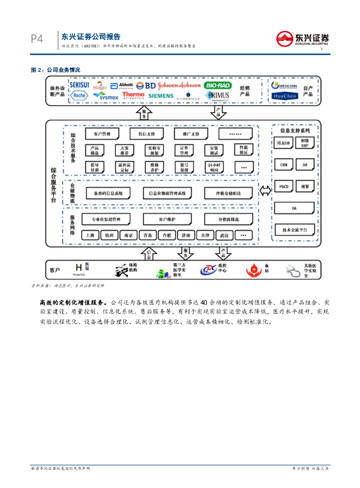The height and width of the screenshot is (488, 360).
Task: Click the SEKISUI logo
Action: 79,85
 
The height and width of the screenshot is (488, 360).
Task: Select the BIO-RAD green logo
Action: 218,85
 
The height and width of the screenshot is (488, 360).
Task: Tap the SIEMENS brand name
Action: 161,96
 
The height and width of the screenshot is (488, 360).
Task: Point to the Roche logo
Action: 79,95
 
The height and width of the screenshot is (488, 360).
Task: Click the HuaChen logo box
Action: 285,96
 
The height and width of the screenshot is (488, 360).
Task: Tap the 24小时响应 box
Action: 213,167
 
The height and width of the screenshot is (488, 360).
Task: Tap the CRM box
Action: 283,165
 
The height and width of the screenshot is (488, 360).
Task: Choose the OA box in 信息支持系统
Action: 294,208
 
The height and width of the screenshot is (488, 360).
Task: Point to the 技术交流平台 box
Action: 294,230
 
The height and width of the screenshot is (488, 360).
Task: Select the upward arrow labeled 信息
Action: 149,253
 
